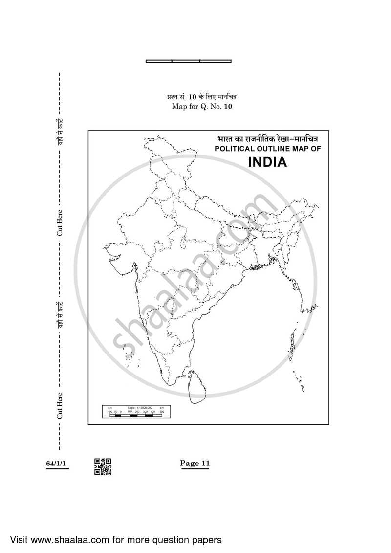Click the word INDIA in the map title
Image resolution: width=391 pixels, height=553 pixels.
267,162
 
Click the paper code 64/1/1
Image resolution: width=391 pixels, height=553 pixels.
57,464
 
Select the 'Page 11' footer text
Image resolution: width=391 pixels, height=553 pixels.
195,464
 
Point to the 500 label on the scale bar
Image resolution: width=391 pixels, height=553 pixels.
161,412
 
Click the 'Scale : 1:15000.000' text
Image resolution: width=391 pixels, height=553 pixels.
141,408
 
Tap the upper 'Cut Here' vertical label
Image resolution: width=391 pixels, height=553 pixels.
59,222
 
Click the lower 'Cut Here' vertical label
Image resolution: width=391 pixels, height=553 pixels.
59,405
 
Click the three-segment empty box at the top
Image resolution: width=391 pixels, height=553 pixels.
189,61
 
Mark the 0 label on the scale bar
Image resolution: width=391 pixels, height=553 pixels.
120,412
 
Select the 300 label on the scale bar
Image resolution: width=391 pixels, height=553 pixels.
146,412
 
